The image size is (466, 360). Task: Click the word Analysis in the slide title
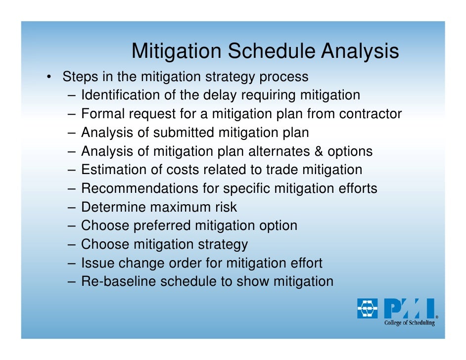(360, 51)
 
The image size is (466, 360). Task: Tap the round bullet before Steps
(49, 78)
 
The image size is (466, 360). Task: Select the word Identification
(119, 95)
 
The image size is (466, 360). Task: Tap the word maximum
(184, 207)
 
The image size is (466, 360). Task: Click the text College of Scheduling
(409, 323)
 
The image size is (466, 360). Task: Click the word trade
(282, 170)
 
